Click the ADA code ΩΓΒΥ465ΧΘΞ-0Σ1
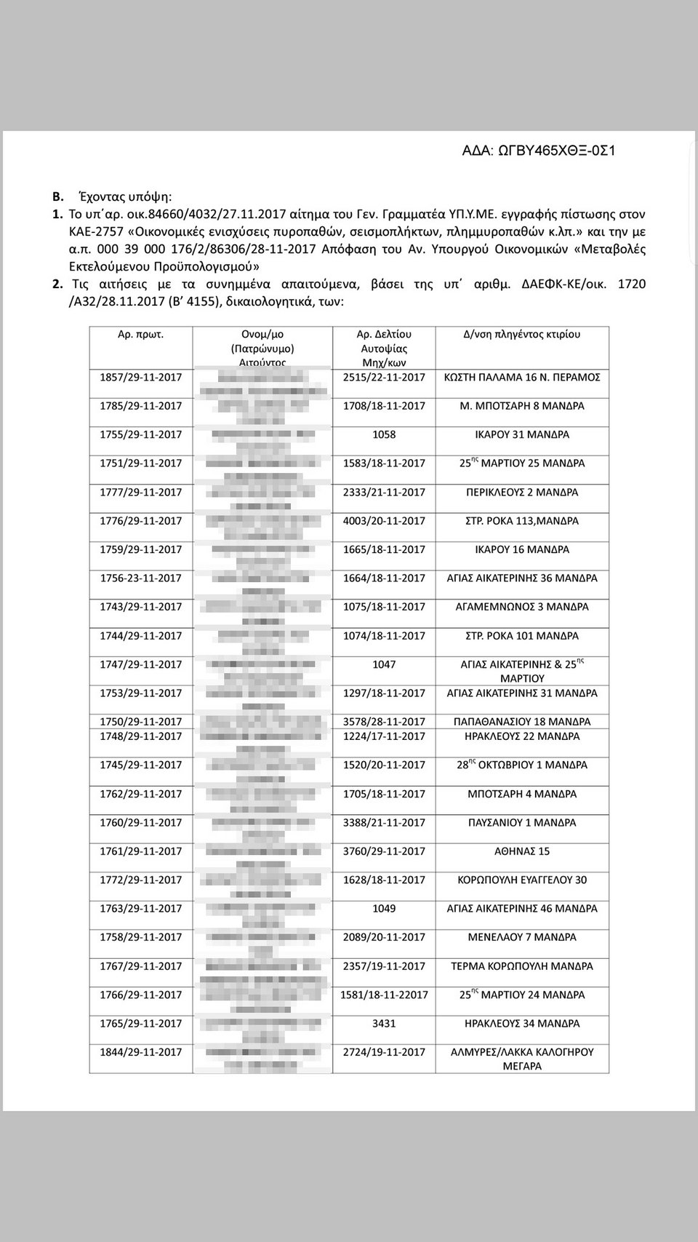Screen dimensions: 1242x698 pos(539,151)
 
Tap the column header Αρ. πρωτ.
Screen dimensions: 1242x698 pos(140,335)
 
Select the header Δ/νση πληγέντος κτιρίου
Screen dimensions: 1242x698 pos(522,335)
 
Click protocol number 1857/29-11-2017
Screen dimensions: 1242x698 pos(140,378)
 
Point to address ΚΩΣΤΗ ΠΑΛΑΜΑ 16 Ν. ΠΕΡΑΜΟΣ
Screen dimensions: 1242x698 pos(522,378)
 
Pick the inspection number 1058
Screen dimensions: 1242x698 pos(384,434)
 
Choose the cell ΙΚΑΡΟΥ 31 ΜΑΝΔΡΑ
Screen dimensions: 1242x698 pos(522,434)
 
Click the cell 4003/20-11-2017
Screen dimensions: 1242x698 pos(384,521)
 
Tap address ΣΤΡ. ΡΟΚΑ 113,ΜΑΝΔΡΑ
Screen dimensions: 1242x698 pos(522,521)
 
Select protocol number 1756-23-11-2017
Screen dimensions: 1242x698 pos(140,578)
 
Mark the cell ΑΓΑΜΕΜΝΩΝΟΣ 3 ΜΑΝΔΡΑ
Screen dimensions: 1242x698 pos(522,607)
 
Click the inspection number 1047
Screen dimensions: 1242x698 pos(384,664)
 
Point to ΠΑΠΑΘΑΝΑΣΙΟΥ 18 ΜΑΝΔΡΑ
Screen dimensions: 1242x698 pos(522,722)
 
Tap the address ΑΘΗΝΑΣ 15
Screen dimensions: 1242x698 pos(522,851)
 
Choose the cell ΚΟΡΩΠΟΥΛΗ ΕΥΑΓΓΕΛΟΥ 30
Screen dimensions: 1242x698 pos(522,880)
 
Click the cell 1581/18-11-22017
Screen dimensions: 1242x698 pos(384,995)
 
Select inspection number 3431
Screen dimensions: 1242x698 pos(384,1024)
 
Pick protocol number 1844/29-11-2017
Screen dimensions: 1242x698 pos(140,1052)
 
